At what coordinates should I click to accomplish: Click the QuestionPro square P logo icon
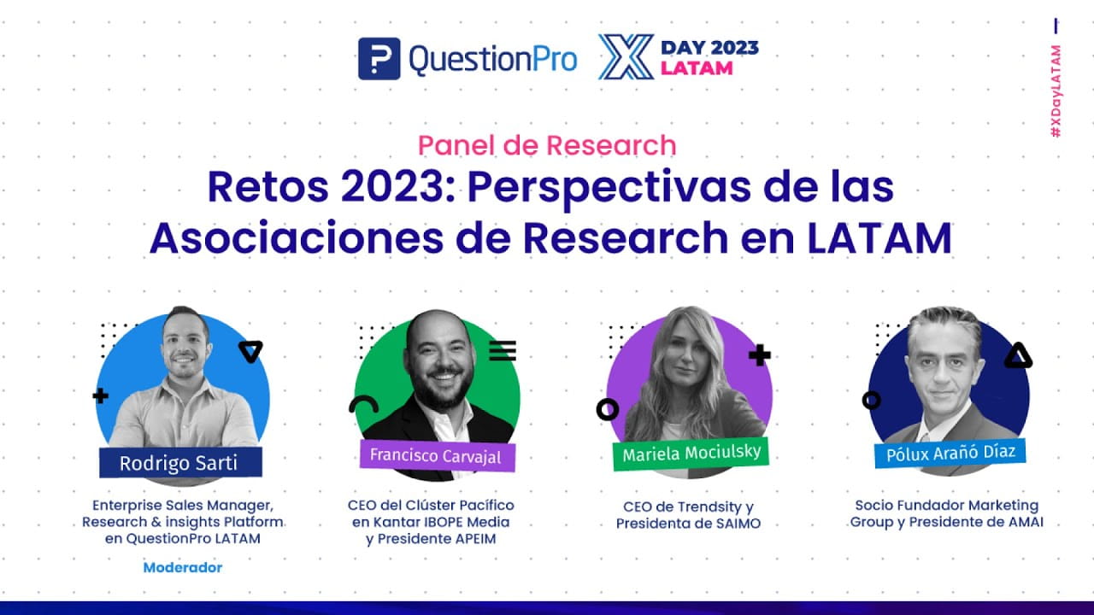coord(379,59)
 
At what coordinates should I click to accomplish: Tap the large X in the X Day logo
coord(626,57)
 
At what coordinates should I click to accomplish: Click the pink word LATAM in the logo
coord(697,67)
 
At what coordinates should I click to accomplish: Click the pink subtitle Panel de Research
coord(547,145)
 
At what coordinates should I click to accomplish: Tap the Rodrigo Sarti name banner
coord(179,464)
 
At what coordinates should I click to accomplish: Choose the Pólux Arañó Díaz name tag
coord(950,451)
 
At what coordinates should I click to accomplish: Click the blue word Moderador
coord(182,567)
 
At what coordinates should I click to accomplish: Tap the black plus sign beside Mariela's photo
coord(759,355)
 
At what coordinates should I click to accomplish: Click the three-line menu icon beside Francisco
coord(503,350)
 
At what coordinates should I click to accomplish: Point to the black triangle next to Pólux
coord(1017,356)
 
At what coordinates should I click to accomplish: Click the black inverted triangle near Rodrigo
coord(250,351)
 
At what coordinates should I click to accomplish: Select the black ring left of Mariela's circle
coord(608,409)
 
